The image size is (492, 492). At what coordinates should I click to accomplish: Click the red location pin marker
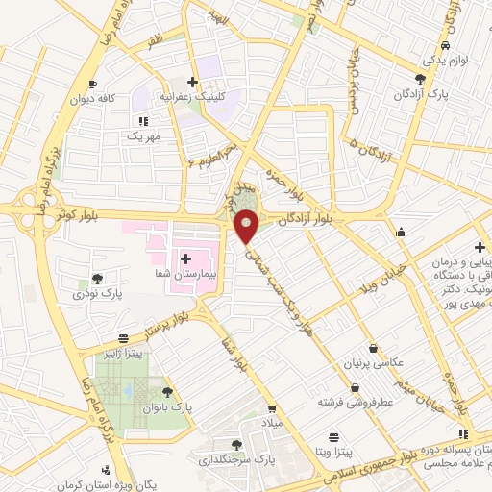pyautogui.click(x=247, y=226)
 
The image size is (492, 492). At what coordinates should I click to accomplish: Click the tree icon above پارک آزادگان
pyautogui.click(x=420, y=79)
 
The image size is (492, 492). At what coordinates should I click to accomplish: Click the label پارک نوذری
pyautogui.click(x=96, y=294)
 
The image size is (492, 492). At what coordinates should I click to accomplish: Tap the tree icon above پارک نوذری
pyautogui.click(x=96, y=279)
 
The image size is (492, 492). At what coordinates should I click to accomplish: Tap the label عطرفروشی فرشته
pyautogui.click(x=355, y=405)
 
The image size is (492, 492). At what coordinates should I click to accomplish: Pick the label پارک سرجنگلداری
pyautogui.click(x=237, y=459)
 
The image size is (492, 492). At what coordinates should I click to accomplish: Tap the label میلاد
pyautogui.click(x=277, y=422)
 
